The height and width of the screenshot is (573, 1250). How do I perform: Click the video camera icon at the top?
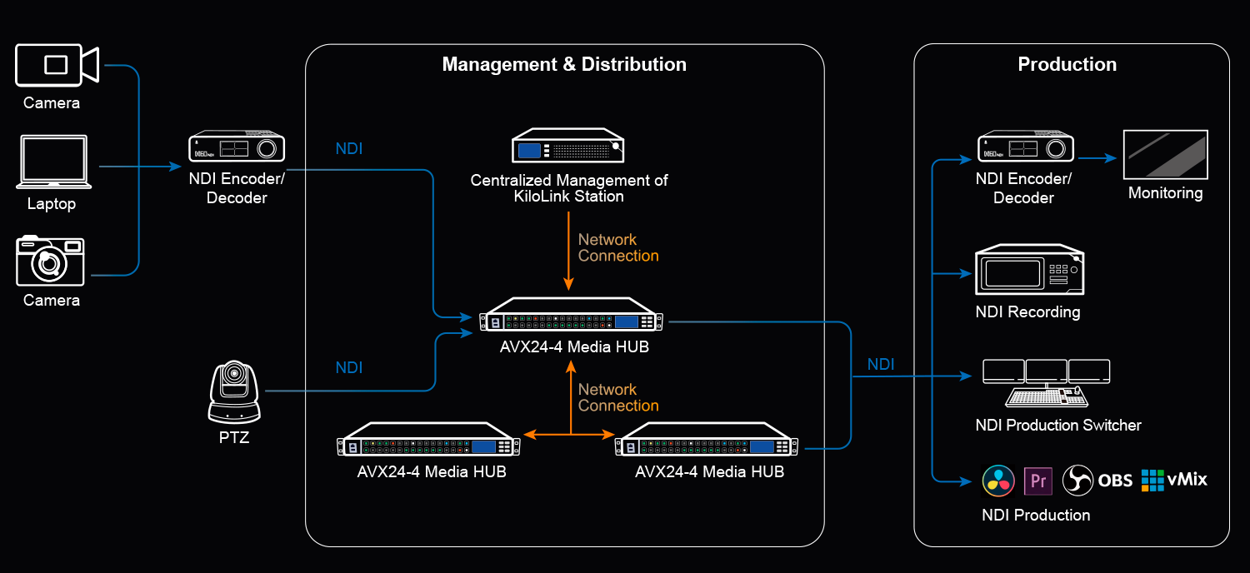pyautogui.click(x=57, y=65)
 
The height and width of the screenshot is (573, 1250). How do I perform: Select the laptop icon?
pyautogui.click(x=53, y=162)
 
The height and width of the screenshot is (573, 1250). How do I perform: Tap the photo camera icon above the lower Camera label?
pyautogui.click(x=50, y=261)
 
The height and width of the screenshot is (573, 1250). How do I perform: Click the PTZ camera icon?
pyautogui.click(x=234, y=391)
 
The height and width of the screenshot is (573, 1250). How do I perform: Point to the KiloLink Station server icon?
pyautogui.click(x=568, y=146)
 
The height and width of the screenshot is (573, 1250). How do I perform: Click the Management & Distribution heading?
pyautogui.click(x=564, y=64)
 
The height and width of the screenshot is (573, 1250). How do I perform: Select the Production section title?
pyautogui.click(x=1067, y=64)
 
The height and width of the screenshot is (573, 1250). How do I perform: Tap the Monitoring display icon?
pyautogui.click(x=1165, y=155)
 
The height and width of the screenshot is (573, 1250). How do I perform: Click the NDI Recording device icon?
pyautogui.click(x=1029, y=270)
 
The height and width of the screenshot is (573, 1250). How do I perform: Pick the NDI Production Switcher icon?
pyautogui.click(x=1047, y=383)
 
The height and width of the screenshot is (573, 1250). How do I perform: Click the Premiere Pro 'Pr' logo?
pyautogui.click(x=1038, y=481)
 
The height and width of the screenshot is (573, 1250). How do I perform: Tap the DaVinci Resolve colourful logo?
pyautogui.click(x=998, y=481)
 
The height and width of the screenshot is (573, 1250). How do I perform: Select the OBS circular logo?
pyautogui.click(x=1077, y=481)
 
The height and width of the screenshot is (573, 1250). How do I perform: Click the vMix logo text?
pyautogui.click(x=1187, y=479)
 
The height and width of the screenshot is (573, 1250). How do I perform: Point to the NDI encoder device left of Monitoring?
pyautogui.click(x=1026, y=147)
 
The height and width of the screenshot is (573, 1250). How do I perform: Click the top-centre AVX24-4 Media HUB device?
pyautogui.click(x=571, y=313)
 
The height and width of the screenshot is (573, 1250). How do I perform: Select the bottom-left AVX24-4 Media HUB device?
pyautogui.click(x=428, y=439)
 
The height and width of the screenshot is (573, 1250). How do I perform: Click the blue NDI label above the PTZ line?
pyautogui.click(x=349, y=367)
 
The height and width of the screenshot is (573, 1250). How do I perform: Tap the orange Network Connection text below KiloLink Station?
pyautogui.click(x=618, y=247)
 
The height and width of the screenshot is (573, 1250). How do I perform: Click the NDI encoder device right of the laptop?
pyautogui.click(x=237, y=147)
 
